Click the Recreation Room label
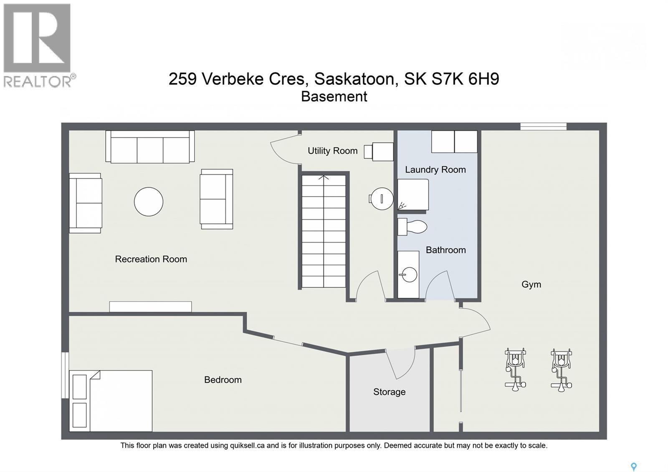pyautogui.click(x=151, y=259)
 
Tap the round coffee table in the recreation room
pyautogui.click(x=149, y=202)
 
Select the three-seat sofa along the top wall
pyautogui.click(x=150, y=147)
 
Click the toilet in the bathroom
pyautogui.click(x=412, y=227)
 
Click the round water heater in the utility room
pyautogui.click(x=382, y=198)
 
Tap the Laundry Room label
pyautogui.click(x=435, y=170)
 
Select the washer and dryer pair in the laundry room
pyautogui.click(x=454, y=142)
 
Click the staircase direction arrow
pyautogui.click(x=324, y=178)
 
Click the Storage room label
pyautogui.click(x=389, y=392)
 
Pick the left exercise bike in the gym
pyautogui.click(x=515, y=369)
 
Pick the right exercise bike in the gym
pyautogui.click(x=561, y=370)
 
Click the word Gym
pyautogui.click(x=531, y=284)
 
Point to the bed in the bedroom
pyautogui.click(x=111, y=401)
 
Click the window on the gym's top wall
pyautogui.click(x=543, y=126)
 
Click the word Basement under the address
pyautogui.click(x=334, y=96)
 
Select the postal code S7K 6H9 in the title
pyautogui.click(x=465, y=79)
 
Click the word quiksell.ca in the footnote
pyautogui.click(x=247, y=446)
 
